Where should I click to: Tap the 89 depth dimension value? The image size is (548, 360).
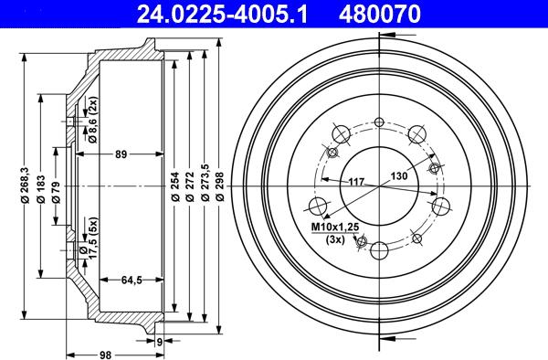coord(121,155)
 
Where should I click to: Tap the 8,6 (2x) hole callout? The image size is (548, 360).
coord(92,124)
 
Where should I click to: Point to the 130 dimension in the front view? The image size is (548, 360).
coord(399,175)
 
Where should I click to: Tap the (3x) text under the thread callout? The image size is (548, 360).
coord(334,239)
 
